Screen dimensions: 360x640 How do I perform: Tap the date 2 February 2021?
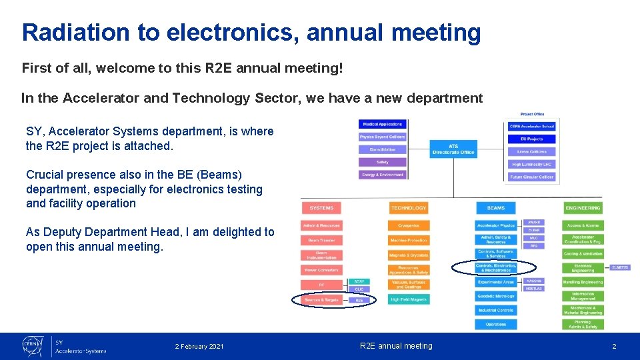click(199, 347)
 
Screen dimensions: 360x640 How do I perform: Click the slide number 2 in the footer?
click(614, 347)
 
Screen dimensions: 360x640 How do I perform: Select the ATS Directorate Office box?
click(453, 149)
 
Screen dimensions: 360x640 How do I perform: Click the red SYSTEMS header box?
click(321, 208)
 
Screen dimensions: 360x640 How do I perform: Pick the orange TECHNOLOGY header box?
click(409, 208)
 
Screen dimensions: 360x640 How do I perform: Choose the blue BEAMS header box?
click(495, 208)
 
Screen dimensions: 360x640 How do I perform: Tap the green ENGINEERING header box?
click(583, 208)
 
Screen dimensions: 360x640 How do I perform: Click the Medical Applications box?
click(382, 124)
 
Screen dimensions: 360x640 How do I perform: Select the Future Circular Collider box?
click(531, 177)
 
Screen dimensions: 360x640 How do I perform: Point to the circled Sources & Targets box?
click(321, 300)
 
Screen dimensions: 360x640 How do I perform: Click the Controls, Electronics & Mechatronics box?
click(495, 268)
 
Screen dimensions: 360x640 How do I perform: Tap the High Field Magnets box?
click(409, 300)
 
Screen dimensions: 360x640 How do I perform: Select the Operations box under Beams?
click(495, 325)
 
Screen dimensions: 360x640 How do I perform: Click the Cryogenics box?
click(409, 225)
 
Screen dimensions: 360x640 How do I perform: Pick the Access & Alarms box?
click(583, 225)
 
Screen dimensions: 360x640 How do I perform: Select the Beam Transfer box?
click(321, 240)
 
